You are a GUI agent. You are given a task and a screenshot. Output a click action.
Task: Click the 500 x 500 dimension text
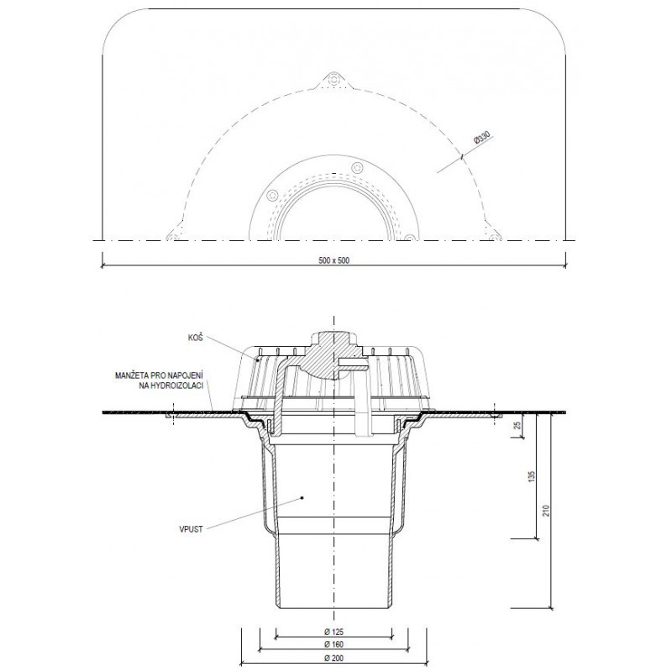coord(334,260)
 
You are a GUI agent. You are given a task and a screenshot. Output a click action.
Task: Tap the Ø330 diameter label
coord(481,139)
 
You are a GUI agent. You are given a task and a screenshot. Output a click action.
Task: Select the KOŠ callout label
coord(195,339)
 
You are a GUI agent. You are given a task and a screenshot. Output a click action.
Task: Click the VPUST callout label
coord(192,529)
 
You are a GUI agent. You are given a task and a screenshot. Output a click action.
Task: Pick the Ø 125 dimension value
coord(334,632)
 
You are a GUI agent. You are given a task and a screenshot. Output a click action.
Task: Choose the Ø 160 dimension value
coord(334,644)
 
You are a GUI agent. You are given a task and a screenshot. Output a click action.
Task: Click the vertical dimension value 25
coord(517,425)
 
